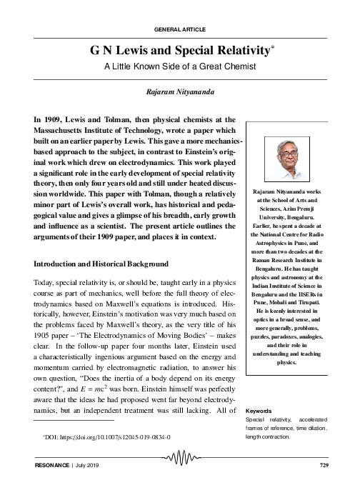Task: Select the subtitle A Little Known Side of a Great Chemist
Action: [x=180, y=68]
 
